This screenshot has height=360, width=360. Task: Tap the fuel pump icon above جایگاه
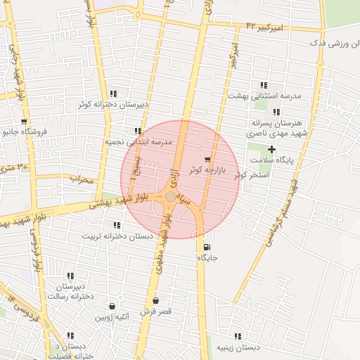(x=206, y=247)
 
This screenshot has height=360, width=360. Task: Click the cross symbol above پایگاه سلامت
(x=272, y=148)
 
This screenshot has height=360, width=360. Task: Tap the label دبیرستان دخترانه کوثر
(x=112, y=104)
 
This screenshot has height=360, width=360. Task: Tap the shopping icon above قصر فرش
(x=156, y=300)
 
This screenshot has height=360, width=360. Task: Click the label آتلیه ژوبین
(x=112, y=317)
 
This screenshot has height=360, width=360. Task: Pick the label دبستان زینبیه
(x=238, y=347)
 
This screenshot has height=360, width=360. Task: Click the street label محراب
(x=82, y=180)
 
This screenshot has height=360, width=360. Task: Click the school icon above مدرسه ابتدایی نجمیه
(x=138, y=131)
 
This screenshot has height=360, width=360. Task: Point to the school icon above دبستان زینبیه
(x=238, y=336)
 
